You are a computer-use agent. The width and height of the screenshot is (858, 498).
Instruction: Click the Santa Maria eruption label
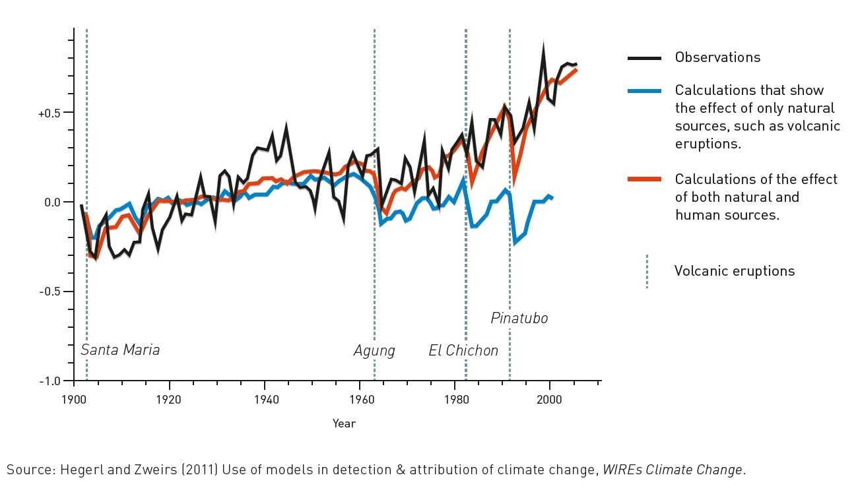pyautogui.click(x=120, y=350)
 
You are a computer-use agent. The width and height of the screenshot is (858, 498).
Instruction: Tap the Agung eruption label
pyautogui.click(x=374, y=351)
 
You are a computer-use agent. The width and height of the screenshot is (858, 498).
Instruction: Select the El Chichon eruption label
pyautogui.click(x=463, y=351)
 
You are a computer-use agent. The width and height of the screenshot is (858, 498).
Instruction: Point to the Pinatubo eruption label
pyautogui.click(x=519, y=319)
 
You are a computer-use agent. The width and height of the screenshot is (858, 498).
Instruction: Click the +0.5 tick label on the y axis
pyautogui.click(x=49, y=113)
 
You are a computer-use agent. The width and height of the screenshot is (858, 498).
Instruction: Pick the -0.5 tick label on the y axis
pyautogui.click(x=50, y=292)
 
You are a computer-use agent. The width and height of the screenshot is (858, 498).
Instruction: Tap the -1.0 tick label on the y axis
pyautogui.click(x=50, y=381)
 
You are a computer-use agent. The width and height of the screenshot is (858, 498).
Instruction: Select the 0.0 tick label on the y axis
pyautogui.click(x=52, y=202)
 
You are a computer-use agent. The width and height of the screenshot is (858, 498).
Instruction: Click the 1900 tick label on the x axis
pyautogui.click(x=74, y=399)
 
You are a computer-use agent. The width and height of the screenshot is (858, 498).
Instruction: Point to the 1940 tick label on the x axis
pyautogui.click(x=265, y=399)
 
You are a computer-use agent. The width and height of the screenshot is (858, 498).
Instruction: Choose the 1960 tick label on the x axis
pyautogui.click(x=360, y=399)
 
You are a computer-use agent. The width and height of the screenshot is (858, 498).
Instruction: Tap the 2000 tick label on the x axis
pyautogui.click(x=550, y=399)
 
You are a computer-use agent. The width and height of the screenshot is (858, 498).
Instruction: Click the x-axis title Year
pyautogui.click(x=344, y=424)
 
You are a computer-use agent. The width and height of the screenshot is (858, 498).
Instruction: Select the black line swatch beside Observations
pyautogui.click(x=644, y=59)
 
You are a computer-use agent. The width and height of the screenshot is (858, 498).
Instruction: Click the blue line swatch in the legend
pyautogui.click(x=644, y=90)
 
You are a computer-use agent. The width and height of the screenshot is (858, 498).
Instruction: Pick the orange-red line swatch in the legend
pyautogui.click(x=644, y=179)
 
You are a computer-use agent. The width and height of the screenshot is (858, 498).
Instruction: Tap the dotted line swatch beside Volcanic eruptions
pyautogui.click(x=647, y=271)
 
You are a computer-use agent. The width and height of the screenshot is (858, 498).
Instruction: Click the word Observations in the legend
pyautogui.click(x=717, y=57)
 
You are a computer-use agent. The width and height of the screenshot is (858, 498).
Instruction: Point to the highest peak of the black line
pyautogui.click(x=543, y=46)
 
